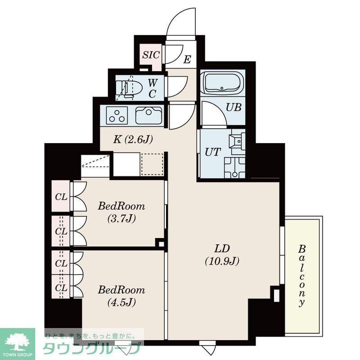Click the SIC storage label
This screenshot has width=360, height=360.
[x=151, y=55]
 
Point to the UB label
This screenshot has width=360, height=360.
[x=234, y=108]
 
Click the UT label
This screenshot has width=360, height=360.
[x=212, y=152]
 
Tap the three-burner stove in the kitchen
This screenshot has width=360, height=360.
[x=117, y=116]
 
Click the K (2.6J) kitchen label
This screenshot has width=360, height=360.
[x=133, y=139]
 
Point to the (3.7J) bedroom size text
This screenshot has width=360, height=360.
[x=121, y=219]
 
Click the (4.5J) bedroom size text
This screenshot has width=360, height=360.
[x=121, y=302]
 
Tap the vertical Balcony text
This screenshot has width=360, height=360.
[x=302, y=275]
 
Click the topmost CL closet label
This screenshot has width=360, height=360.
[x=61, y=197]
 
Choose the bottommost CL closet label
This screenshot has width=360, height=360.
[x=61, y=288]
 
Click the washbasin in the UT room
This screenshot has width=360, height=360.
[x=236, y=141]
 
